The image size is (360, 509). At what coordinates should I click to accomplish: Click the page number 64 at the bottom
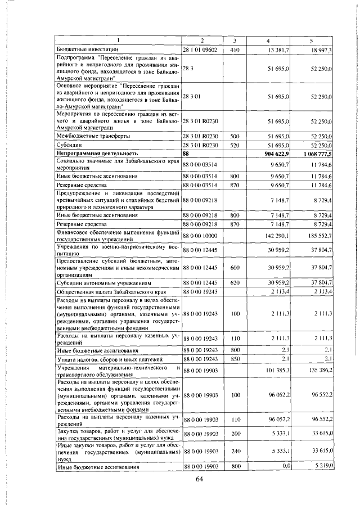[199, 479]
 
